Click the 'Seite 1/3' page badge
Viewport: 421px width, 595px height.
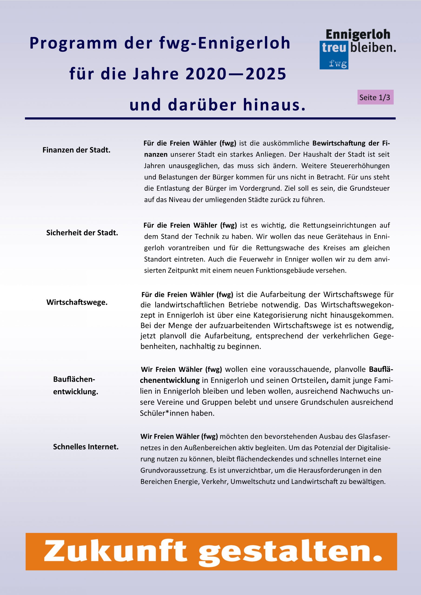pos(375,97)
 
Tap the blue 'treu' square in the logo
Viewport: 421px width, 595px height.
pos(334,48)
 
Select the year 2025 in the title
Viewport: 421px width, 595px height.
pos(266,74)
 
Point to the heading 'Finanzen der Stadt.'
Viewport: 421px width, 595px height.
pos(77,150)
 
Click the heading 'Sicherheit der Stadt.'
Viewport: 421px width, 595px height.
pos(82,233)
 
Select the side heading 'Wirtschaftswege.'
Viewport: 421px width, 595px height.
pos(77,302)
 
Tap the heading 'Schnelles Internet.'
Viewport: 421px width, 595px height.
pos(86,447)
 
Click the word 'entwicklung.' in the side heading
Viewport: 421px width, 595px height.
pos(76,392)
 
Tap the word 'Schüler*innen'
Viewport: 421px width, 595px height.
pos(164,413)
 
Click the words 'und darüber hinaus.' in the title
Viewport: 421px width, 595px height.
pos(217,105)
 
